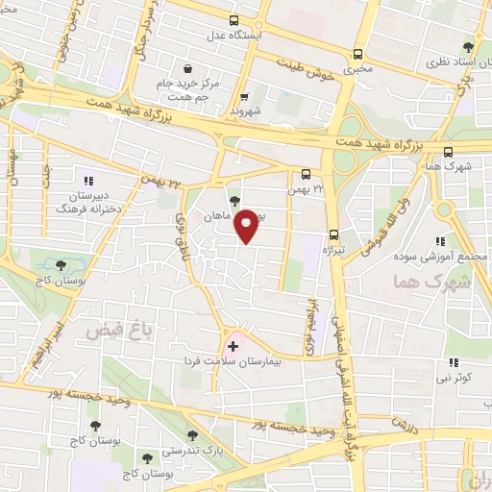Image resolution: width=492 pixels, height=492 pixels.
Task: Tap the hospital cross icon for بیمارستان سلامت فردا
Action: (232, 344)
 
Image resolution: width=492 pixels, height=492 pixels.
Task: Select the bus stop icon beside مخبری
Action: (358, 54)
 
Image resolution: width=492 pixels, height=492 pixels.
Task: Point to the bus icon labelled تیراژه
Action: (333, 234)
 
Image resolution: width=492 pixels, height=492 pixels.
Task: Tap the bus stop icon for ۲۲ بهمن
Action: (306, 175)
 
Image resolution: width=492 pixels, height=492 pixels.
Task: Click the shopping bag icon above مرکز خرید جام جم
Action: (186, 69)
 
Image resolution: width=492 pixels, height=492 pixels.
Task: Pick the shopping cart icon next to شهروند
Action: (244, 96)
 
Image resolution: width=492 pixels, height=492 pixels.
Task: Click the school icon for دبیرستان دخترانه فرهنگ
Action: (87, 180)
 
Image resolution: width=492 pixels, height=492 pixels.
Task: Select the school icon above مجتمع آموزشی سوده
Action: (440, 241)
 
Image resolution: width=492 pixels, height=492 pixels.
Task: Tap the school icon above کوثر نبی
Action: (452, 363)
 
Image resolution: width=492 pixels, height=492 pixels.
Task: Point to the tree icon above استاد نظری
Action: (468, 46)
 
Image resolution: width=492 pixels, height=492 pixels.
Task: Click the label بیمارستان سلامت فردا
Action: (234, 363)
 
